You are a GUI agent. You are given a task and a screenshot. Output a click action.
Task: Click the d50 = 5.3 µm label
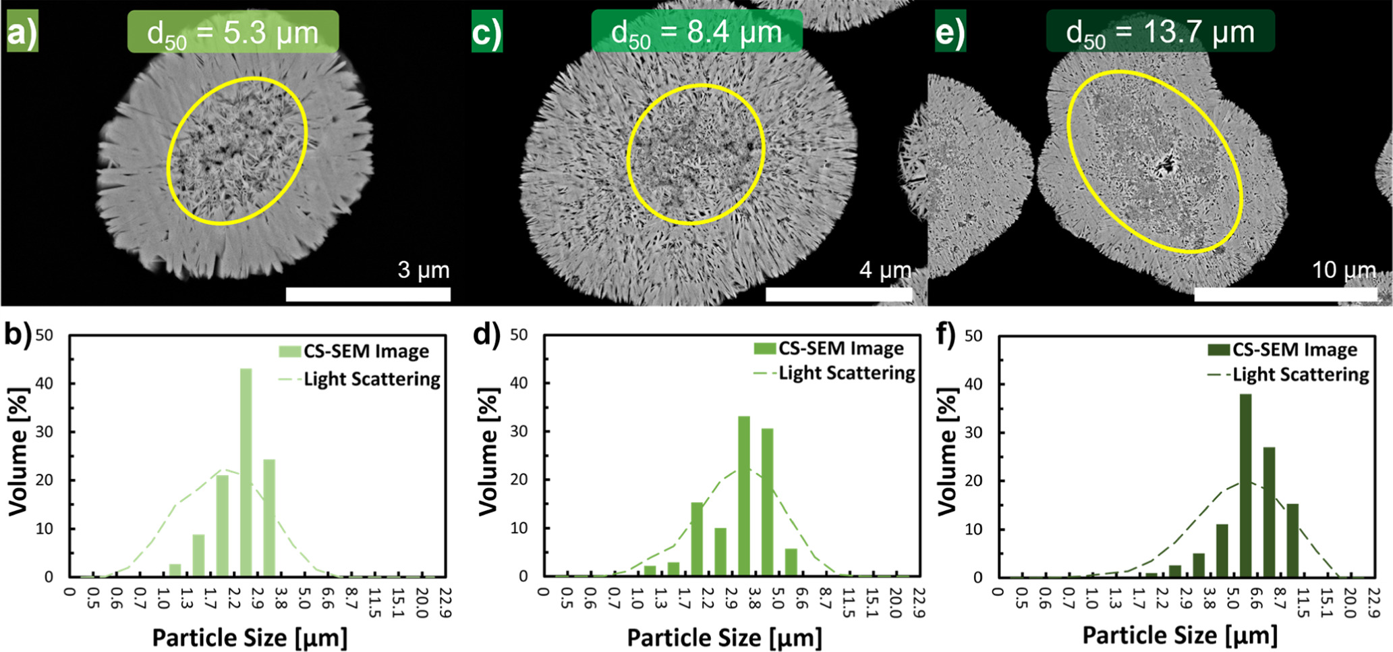click(233, 32)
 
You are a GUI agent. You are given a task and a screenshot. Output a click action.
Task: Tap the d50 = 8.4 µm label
click(696, 32)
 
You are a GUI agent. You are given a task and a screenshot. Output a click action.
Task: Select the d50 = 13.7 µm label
click(1160, 32)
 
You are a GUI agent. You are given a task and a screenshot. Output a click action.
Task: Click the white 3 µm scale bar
click(368, 294)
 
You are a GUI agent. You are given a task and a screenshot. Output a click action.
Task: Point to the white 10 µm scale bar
click(1285, 294)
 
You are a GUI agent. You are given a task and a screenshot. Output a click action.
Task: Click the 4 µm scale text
click(884, 271)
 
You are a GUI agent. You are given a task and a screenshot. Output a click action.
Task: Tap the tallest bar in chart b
click(246, 472)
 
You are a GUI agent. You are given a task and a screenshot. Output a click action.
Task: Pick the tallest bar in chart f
click(1245, 485)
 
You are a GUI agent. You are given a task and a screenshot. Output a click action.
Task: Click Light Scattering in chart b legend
click(372, 379)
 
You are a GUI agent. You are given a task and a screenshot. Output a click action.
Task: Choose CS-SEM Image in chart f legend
click(1295, 350)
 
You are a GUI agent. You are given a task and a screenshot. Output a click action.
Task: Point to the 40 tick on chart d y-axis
click(519, 383)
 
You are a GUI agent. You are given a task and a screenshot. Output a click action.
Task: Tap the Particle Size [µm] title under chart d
click(724, 638)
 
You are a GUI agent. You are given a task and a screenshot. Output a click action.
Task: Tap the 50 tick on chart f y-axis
click(973, 335)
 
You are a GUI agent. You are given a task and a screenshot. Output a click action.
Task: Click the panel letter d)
click(486, 335)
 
